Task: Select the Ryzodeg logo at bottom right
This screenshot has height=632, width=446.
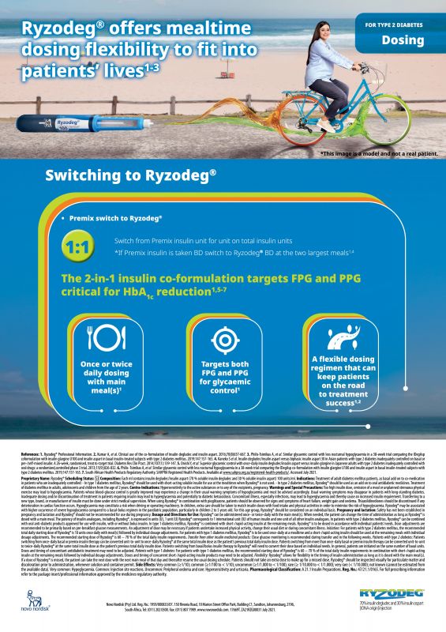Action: [404, 594]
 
